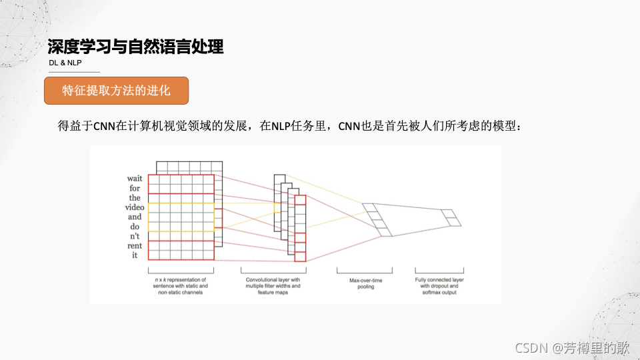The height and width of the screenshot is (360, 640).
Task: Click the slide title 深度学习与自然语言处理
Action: [x=135, y=47]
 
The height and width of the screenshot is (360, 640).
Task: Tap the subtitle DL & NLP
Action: [x=65, y=63]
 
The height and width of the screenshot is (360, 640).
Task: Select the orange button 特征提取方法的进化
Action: [x=116, y=91]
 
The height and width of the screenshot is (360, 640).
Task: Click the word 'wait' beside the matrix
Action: [x=135, y=179]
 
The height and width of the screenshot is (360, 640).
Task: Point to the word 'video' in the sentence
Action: [x=135, y=207]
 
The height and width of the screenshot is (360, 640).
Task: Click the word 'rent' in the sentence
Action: [x=135, y=245]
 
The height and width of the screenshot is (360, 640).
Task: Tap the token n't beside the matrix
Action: [x=135, y=236]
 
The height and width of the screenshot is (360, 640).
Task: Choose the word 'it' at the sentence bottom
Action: [x=135, y=255]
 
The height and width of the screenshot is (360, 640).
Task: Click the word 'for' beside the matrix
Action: [x=135, y=188]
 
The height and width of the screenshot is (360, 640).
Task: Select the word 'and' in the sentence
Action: [x=135, y=217]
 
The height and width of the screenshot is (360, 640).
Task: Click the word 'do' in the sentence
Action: [x=135, y=227]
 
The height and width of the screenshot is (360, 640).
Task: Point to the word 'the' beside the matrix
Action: [x=135, y=198]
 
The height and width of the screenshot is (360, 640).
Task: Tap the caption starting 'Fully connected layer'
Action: [x=439, y=286]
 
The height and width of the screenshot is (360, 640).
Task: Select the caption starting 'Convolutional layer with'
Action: [x=273, y=286]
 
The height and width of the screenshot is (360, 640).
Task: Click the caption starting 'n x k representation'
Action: [x=181, y=286]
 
